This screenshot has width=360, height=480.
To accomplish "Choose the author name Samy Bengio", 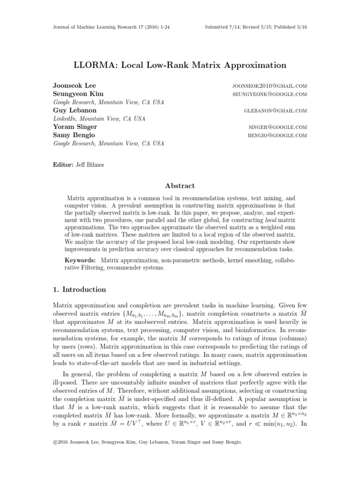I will [x=74, y=135].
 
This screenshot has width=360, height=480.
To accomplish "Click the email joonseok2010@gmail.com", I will [x=270, y=86].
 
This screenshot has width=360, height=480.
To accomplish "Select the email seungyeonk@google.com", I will [x=270, y=94].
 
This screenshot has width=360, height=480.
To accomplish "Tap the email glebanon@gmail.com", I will [x=275, y=111].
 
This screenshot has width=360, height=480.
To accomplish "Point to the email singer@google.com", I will [x=277, y=127].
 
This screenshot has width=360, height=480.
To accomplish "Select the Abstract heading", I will [x=180, y=186].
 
